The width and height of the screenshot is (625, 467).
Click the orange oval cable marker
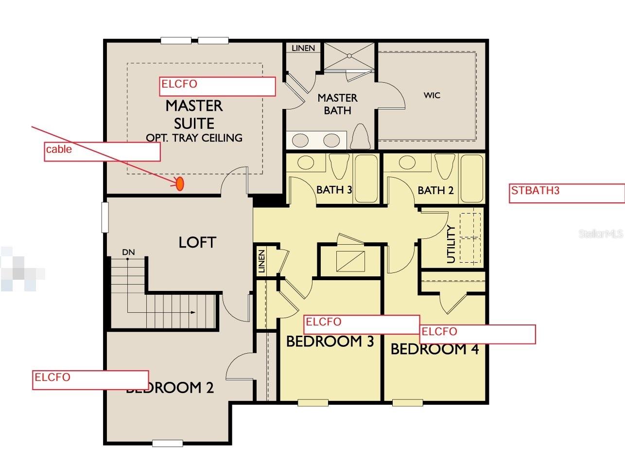coord(179,183)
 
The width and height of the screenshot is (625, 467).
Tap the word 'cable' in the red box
coord(59,149)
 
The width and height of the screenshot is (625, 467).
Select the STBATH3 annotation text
coord(535,190)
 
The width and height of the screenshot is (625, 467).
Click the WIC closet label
coord(432,95)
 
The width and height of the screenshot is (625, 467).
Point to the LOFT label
coord(197,242)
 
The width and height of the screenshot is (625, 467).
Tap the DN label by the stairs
coord(128,252)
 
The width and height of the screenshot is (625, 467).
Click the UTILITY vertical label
coord(451,244)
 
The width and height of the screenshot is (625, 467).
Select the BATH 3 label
coord(334,190)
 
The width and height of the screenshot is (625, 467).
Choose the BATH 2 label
coord(435,190)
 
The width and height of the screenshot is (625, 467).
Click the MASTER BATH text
coord(337,104)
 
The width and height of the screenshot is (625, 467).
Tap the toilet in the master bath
coord(361,137)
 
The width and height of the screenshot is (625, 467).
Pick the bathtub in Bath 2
coord(471,179)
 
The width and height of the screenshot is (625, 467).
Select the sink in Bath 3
coord(306,163)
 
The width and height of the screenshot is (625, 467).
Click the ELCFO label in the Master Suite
coord(179,84)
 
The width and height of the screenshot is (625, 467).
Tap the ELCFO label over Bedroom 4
coord(439,331)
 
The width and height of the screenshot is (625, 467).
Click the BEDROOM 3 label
coord(330,341)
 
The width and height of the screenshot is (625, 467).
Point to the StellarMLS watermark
coord(600,234)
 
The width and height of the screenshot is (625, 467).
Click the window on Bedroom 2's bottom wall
coord(167,443)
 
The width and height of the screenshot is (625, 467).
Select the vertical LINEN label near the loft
coord(261,261)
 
